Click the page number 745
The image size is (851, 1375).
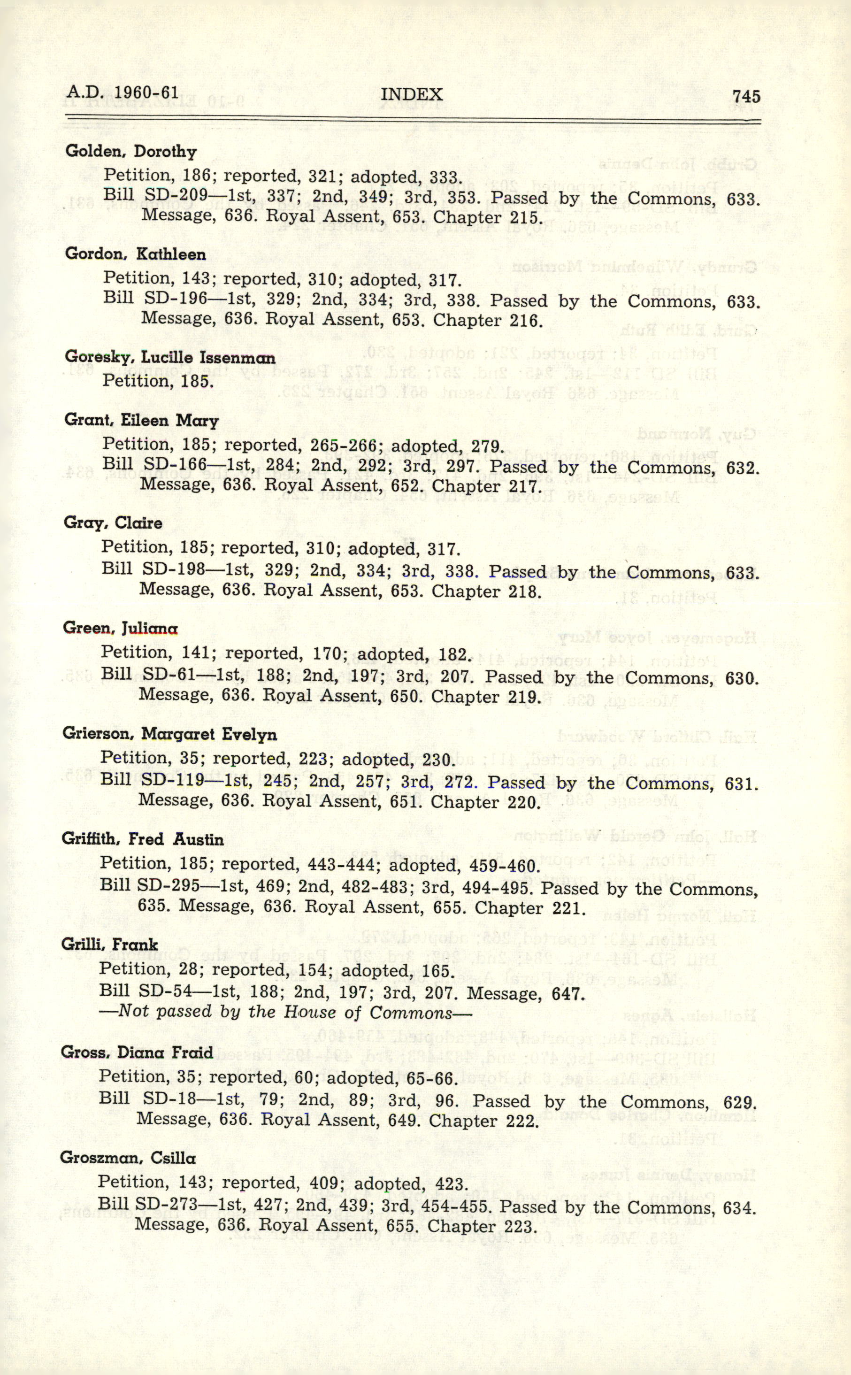(746, 96)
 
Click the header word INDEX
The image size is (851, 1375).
(412, 94)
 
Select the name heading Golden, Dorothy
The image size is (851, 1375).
(131, 152)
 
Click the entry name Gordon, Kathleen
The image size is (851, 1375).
(136, 254)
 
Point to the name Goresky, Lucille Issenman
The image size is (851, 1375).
(170, 357)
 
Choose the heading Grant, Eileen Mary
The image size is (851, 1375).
(141, 421)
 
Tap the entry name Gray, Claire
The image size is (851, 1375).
(113, 523)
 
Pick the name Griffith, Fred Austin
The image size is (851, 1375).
(142, 839)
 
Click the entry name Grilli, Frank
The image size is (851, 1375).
(110, 945)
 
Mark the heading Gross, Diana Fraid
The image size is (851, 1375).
(137, 1052)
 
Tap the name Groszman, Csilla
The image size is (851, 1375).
(128, 1158)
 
